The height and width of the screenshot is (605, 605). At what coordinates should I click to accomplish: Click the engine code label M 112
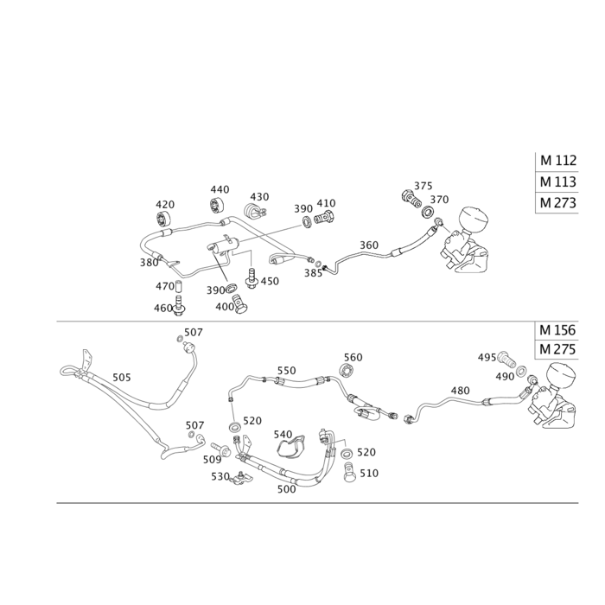click(x=558, y=160)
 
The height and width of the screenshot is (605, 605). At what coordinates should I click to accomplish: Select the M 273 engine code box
click(x=558, y=202)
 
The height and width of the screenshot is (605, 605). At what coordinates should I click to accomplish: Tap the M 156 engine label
click(x=557, y=330)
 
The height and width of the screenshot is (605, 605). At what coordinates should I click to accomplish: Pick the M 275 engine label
click(x=557, y=349)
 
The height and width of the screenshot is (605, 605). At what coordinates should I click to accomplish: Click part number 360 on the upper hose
click(x=369, y=245)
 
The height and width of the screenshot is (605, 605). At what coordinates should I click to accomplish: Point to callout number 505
click(x=122, y=377)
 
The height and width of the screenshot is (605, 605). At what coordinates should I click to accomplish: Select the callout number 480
click(x=461, y=391)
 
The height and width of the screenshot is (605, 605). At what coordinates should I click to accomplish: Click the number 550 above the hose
click(x=287, y=371)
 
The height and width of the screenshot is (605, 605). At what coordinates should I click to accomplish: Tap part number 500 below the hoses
click(x=287, y=489)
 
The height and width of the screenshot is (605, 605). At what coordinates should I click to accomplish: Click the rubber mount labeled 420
click(x=164, y=220)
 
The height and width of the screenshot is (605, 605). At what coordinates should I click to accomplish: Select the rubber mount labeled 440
click(x=218, y=205)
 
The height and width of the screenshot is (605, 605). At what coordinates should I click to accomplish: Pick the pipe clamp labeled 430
click(x=254, y=211)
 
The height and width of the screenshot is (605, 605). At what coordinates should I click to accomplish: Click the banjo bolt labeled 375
click(x=411, y=198)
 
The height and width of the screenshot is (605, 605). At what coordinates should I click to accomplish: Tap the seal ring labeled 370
click(x=427, y=212)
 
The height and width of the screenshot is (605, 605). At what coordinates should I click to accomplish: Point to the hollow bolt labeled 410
click(x=324, y=220)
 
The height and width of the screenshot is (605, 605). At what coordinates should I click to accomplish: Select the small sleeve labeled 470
click(x=179, y=288)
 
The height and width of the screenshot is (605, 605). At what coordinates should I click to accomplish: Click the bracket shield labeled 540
click(x=291, y=447)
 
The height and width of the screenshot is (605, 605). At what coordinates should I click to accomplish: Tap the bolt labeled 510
click(x=349, y=472)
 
